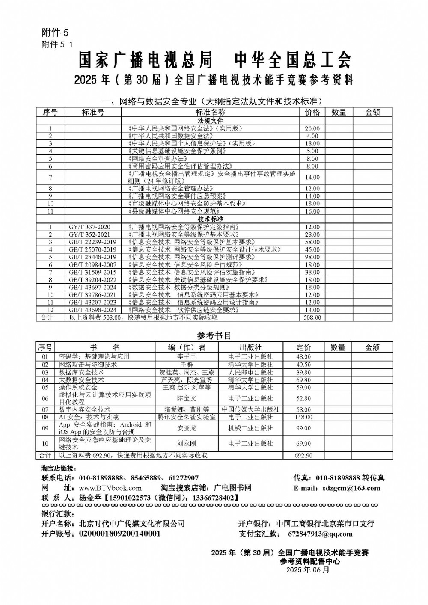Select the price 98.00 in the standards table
pos(312,257)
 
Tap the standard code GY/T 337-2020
pos(89,227)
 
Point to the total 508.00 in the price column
pos(312,318)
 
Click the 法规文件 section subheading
pos(211,121)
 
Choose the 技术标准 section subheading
pos(211,219)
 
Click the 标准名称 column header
pos(211,112)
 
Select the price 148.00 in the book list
pos(303,417)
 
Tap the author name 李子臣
pos(186,357)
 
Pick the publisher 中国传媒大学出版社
pos(251,410)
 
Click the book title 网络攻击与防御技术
pos(88,365)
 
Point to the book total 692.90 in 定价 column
pos(303,456)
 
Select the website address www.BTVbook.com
pos(110,488)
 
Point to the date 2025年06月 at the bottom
pos(308,570)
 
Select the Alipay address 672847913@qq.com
pos(321,534)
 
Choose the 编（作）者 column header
pos(186,348)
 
